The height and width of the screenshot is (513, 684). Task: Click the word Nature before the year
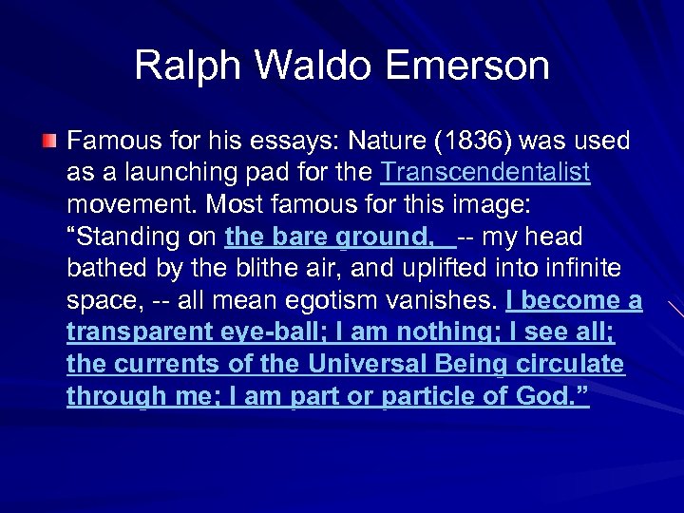pos(385,142)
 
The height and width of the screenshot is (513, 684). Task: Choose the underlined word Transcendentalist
pos(484,173)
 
